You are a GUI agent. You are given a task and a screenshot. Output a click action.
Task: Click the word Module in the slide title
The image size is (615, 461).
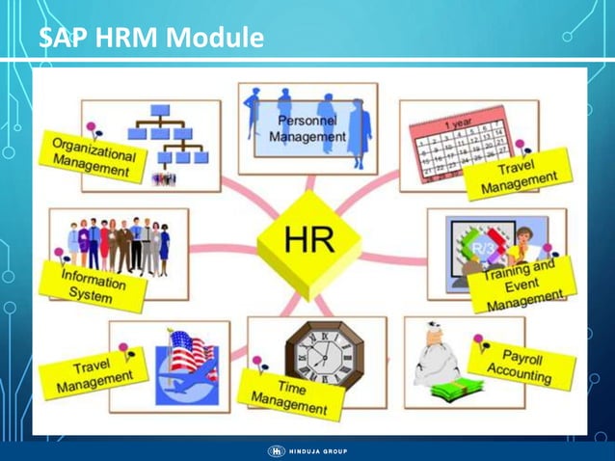[215, 39]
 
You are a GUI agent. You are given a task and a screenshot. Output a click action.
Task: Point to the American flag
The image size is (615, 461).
[189, 350]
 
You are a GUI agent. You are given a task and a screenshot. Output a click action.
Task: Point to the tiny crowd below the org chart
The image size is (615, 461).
[164, 178]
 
